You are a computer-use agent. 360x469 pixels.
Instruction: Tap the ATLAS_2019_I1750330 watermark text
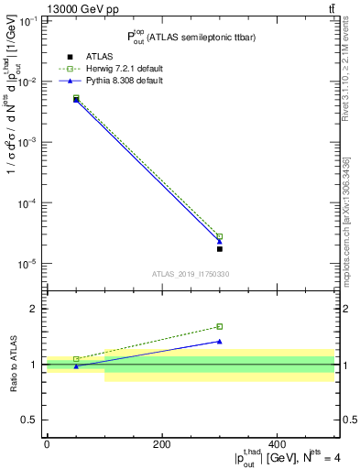(191, 273)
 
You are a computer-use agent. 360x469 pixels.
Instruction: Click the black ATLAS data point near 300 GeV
(220, 248)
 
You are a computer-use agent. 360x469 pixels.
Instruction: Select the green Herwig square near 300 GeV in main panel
(220, 236)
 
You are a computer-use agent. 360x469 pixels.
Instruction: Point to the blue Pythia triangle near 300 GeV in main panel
(220, 242)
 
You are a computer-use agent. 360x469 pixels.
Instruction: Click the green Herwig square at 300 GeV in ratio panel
(220, 326)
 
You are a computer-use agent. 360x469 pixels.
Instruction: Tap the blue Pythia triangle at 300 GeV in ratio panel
(220, 341)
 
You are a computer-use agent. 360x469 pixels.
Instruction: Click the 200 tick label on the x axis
(162, 444)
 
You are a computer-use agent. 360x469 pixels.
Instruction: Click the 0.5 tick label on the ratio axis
(33, 420)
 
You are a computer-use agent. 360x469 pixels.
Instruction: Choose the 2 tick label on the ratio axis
(37, 309)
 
